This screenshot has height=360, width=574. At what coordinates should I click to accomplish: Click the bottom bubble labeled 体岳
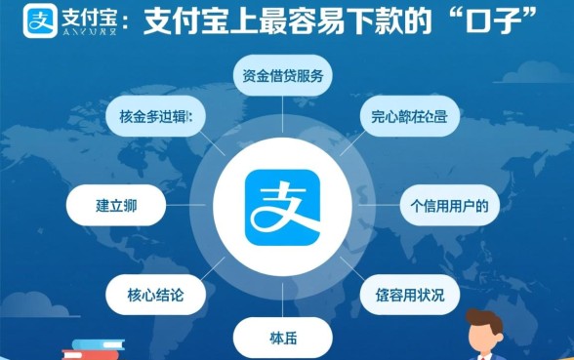(x=282, y=339)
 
